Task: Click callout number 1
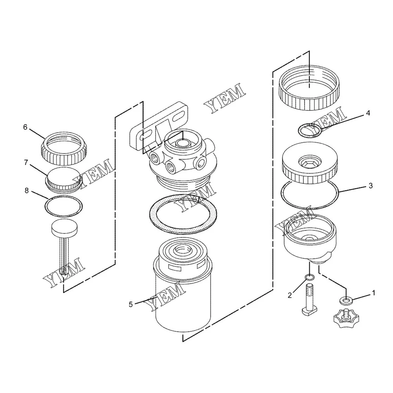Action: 373,293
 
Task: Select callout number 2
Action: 290,296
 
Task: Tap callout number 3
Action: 371,186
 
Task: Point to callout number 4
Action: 368,113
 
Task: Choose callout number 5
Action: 130,304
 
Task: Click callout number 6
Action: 25,127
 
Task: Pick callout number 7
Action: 26,162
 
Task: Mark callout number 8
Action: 27,191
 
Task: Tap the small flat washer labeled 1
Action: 346,300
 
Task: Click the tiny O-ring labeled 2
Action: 310,277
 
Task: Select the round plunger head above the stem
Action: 64,227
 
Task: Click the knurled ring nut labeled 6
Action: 64,149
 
